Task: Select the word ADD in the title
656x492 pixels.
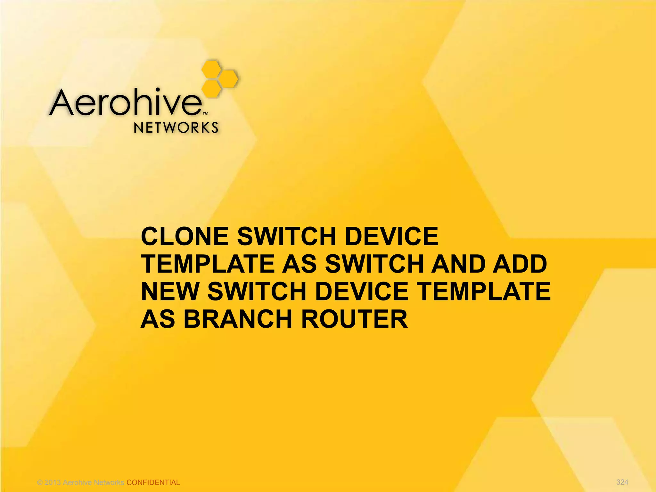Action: [520, 264]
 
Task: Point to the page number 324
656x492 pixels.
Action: [622, 482]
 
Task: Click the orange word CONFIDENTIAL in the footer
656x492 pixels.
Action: [153, 482]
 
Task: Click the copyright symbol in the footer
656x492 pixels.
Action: [40, 482]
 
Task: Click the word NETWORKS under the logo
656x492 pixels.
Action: [176, 128]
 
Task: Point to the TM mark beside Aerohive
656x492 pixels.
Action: [206, 113]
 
